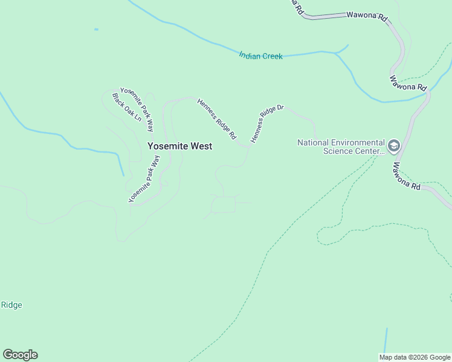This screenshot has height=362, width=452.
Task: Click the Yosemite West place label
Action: pos(179,146)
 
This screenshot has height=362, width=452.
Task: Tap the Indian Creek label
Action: pos(260,56)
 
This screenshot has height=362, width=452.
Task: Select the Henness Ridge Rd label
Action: pos(216,119)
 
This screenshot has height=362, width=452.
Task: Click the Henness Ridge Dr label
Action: pos(266,124)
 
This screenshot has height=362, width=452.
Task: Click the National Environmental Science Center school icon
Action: pos(394,146)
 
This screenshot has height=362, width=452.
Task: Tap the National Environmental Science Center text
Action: pos(341,147)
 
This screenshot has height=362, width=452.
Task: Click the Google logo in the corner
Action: pos(20,355)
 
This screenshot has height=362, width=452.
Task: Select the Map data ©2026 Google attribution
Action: pos(415,357)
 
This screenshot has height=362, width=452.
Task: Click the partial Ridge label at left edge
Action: pos(11,305)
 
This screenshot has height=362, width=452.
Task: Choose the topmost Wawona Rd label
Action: pos(366,16)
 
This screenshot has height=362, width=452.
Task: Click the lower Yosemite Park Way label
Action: pos(144,179)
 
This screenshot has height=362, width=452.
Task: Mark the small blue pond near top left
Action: pos(96,29)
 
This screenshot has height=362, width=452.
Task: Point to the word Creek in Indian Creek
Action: pos(272,56)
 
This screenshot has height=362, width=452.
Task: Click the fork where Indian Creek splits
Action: pos(337,52)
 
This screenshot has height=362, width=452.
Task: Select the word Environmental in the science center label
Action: pos(355,142)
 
